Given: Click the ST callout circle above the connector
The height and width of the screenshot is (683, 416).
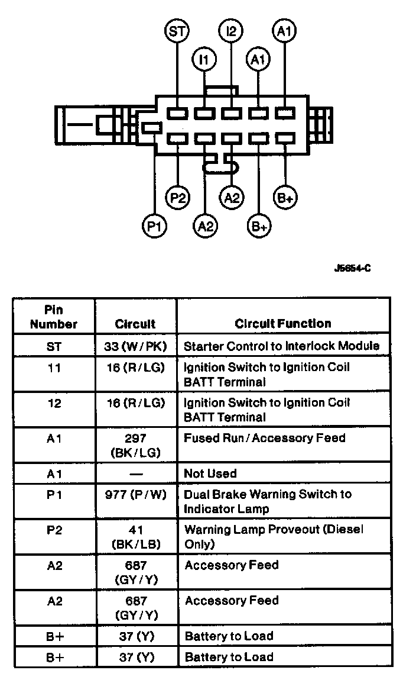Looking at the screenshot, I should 176,31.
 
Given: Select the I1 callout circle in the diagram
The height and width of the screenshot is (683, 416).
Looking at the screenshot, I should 204,59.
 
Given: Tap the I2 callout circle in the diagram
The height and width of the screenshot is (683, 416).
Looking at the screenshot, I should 230,31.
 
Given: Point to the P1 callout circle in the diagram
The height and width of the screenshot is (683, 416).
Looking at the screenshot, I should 155,225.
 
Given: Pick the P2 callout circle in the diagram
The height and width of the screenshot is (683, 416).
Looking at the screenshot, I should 177,197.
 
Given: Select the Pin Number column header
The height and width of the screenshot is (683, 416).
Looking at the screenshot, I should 54,317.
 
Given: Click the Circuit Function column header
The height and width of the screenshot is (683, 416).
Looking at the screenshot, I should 283,324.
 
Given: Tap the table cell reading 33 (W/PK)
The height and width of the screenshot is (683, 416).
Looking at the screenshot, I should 135,346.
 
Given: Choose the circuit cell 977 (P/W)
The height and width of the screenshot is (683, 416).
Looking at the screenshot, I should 135,494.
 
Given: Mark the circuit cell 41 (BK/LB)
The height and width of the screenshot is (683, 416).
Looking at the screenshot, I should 135,537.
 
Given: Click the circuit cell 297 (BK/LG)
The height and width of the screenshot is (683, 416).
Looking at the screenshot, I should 135,445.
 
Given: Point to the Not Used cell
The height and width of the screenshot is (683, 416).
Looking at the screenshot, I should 210,473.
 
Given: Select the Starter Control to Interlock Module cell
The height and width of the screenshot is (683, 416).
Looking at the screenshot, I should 282,346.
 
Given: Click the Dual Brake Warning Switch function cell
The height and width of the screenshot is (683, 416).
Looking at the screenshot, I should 268,501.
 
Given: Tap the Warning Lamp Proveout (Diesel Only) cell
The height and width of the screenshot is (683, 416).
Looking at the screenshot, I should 274,537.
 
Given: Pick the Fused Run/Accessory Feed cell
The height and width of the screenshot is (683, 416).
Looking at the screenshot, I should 265,439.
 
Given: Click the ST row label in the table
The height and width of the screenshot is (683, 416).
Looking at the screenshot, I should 54,346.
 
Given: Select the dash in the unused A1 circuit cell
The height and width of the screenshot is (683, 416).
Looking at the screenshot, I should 135,473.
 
